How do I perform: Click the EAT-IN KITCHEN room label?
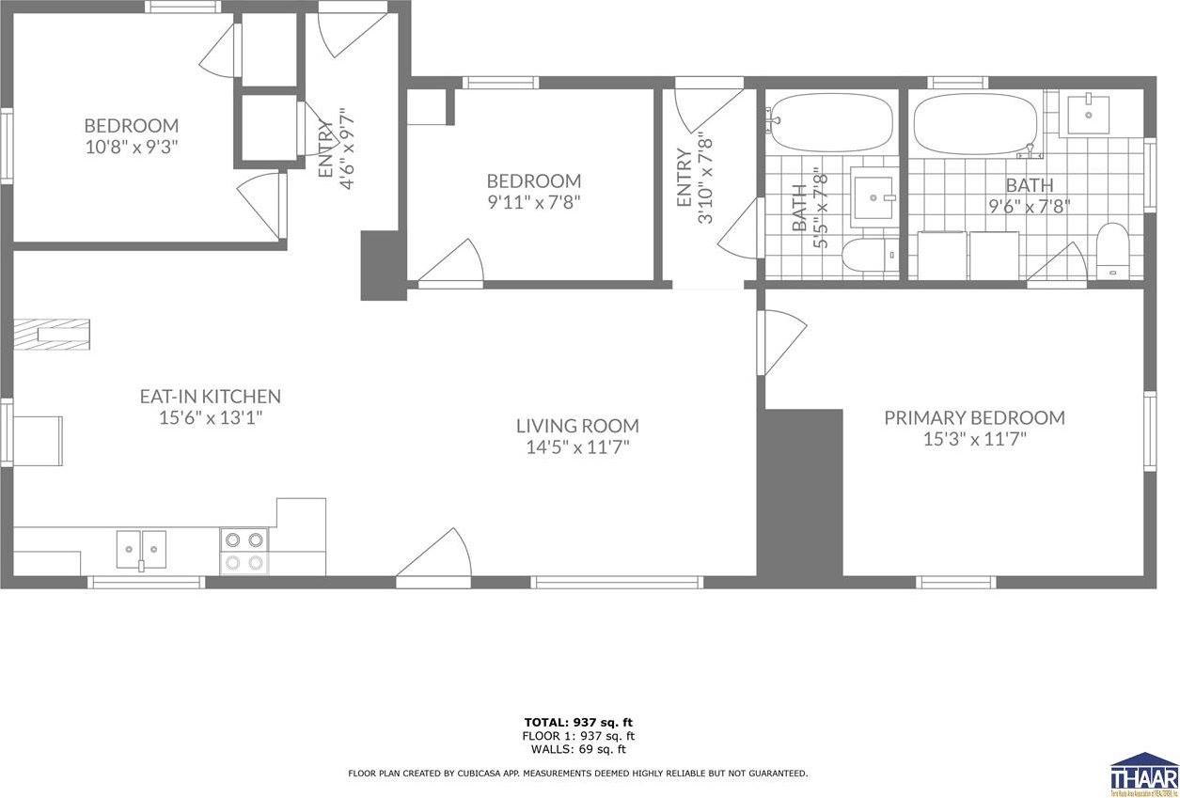point(210,397)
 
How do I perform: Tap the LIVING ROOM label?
point(577,426)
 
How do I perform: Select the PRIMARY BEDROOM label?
point(974,417)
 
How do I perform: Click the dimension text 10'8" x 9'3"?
point(132,147)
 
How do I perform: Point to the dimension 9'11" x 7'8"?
point(533,202)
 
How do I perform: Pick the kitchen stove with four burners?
point(244,551)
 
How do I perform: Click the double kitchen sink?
point(141,549)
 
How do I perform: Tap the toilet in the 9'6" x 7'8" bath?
point(1113,250)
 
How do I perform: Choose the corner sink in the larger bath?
point(1089,114)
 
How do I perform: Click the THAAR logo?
point(1143,773)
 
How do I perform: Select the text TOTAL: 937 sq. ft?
point(577,723)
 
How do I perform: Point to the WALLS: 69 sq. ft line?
point(577,749)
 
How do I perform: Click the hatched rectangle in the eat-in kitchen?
point(53,334)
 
